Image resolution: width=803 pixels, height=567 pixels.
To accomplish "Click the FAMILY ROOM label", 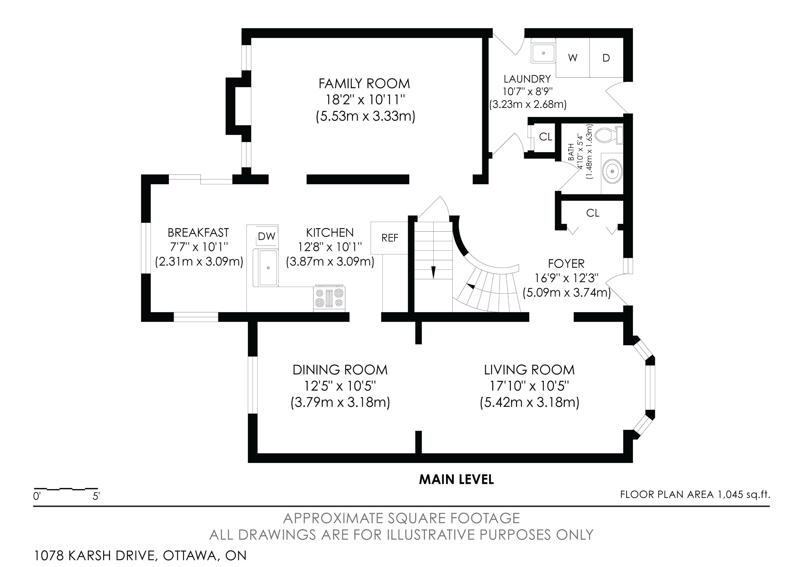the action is tap(364, 84).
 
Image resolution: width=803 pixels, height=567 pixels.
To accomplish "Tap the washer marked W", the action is tap(573, 58).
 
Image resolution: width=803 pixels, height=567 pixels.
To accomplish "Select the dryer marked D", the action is tap(606, 58).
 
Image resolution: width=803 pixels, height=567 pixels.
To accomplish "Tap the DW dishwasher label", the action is tap(266, 237).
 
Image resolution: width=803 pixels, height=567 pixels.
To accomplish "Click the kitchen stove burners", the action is tap(329, 298).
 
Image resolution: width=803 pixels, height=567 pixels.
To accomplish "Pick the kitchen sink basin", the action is tap(268, 268).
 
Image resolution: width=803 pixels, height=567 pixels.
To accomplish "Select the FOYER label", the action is tap(566, 263).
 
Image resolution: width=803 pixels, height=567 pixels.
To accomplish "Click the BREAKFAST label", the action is tap(198, 232).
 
